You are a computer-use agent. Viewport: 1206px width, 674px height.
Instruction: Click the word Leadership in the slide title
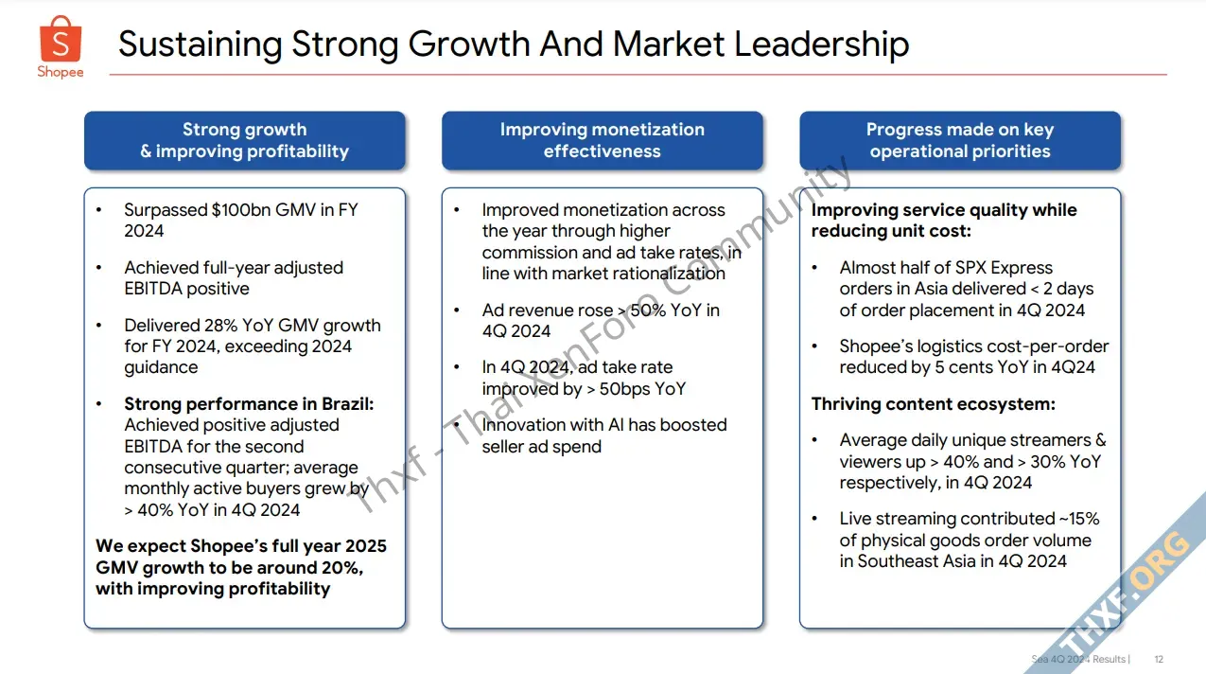pyautogui.click(x=822, y=44)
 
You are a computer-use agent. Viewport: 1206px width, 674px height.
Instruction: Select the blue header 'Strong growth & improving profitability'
pyautogui.click(x=244, y=141)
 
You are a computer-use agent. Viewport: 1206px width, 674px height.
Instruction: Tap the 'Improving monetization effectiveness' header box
pyautogui.click(x=602, y=141)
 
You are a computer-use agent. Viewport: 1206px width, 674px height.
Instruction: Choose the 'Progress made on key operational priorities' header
pyautogui.click(x=960, y=141)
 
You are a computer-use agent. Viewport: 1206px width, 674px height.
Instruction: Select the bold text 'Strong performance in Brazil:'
pyautogui.click(x=249, y=404)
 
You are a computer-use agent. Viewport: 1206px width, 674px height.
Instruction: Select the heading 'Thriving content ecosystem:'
pyautogui.click(x=933, y=404)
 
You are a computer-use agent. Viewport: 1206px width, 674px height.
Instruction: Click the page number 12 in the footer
pyautogui.click(x=1159, y=659)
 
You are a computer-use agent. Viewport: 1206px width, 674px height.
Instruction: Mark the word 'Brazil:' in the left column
pyautogui.click(x=347, y=404)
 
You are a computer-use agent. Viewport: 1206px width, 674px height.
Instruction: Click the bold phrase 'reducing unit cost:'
pyautogui.click(x=891, y=231)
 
